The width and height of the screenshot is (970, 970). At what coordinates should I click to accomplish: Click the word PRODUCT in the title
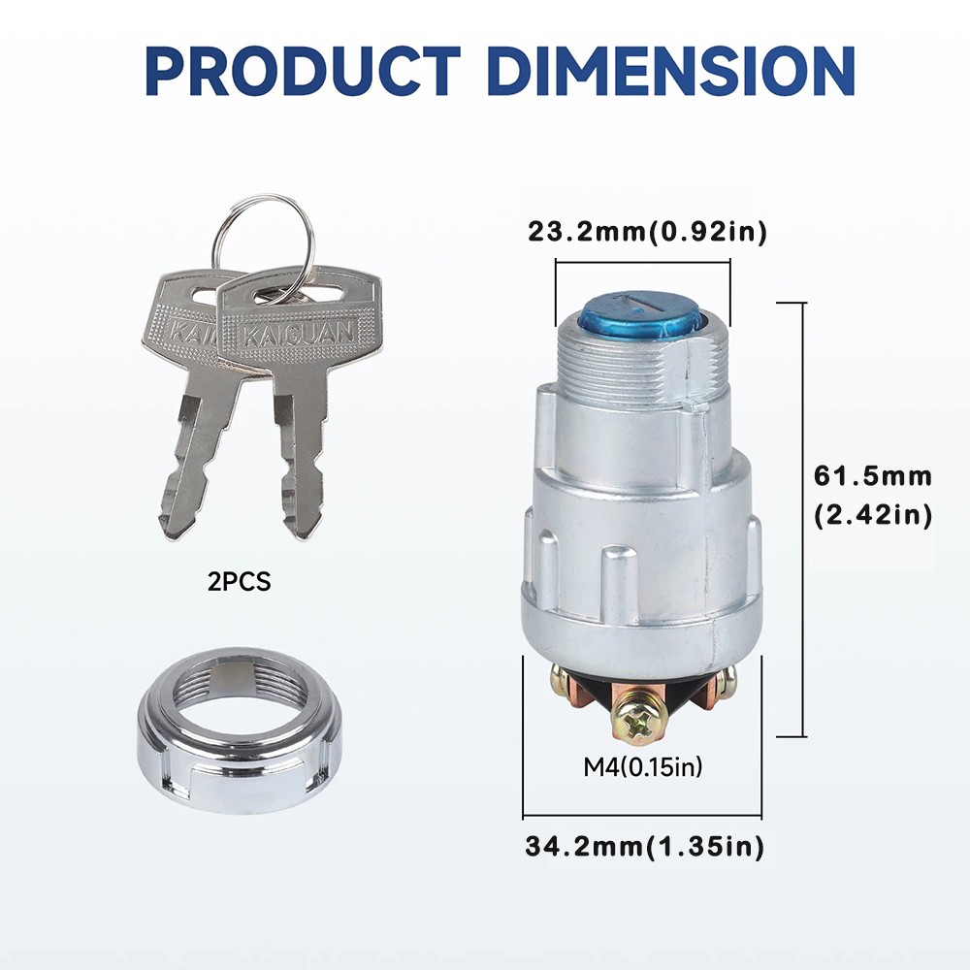click(303, 70)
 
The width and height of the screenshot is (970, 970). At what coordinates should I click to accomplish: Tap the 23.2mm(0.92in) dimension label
click(647, 232)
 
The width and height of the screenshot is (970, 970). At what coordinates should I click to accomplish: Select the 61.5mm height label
click(872, 476)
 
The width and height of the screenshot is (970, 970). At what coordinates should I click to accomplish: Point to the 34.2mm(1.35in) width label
click(645, 846)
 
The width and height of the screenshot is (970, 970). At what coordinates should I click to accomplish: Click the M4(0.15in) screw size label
click(643, 767)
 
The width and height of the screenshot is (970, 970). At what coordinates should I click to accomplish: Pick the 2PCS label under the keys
click(240, 582)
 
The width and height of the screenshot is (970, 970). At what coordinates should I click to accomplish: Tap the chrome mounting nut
click(239, 729)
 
